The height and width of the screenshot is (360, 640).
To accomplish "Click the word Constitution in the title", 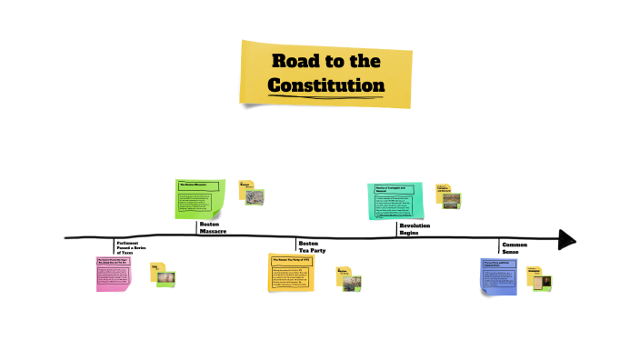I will (325, 85).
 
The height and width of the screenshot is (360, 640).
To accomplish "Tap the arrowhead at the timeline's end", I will (567, 240).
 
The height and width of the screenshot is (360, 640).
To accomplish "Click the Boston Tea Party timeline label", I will (308, 246).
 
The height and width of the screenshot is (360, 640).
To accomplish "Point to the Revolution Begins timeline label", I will (415, 227).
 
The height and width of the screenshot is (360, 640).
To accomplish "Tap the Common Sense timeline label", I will (515, 247).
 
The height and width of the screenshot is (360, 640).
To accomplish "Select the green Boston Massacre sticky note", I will (200, 199).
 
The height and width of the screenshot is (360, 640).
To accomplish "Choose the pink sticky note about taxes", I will (114, 274).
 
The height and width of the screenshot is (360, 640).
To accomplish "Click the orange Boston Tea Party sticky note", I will (291, 273).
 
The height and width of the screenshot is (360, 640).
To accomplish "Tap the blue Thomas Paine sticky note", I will (499, 275).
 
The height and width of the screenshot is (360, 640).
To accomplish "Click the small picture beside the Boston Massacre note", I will (256, 195).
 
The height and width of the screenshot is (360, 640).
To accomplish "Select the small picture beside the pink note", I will (166, 277).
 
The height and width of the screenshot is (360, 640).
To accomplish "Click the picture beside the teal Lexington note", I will (451, 200).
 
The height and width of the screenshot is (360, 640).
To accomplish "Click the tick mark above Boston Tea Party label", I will (295, 243).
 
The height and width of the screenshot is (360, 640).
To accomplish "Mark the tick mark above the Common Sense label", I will (499, 245).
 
